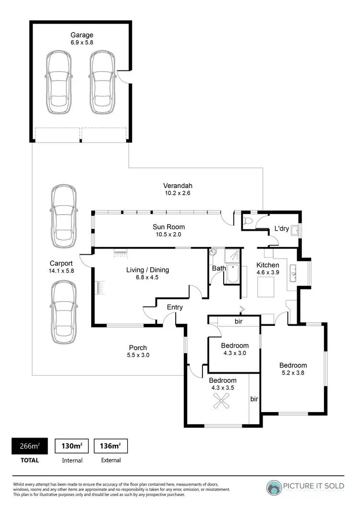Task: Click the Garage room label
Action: (x=82, y=35)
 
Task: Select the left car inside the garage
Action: (x=59, y=82)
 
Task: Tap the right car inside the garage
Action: (x=103, y=82)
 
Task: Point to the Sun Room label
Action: (x=168, y=227)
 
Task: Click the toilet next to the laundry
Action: (x=248, y=221)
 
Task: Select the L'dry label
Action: (x=281, y=229)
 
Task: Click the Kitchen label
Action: (x=267, y=265)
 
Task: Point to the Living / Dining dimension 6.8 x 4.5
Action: (x=147, y=277)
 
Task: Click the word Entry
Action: (x=175, y=308)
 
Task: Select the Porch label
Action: (x=138, y=348)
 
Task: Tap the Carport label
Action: (x=61, y=263)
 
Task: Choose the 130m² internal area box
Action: (x=72, y=446)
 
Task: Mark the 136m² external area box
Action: (x=110, y=446)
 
